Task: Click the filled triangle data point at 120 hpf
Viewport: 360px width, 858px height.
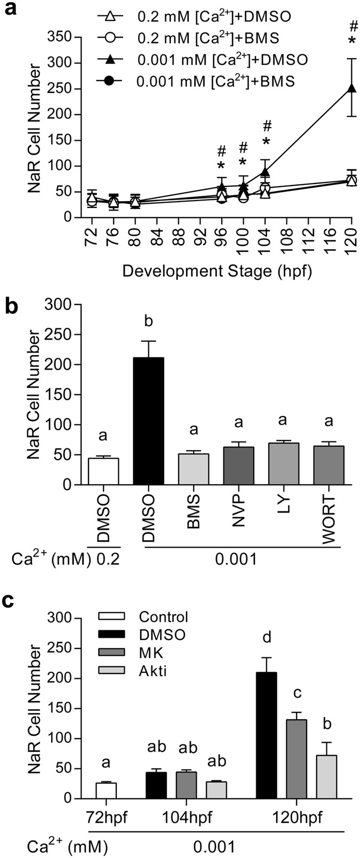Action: click(351, 88)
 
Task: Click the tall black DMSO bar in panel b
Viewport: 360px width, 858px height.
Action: click(151, 421)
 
